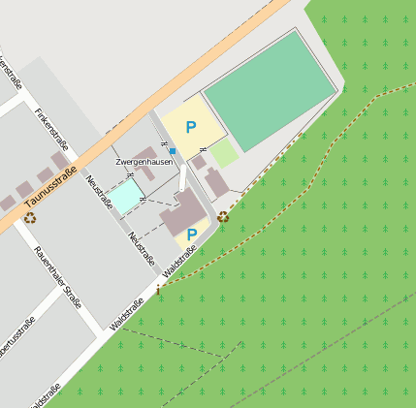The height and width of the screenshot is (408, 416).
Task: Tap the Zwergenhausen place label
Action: [x=144, y=162]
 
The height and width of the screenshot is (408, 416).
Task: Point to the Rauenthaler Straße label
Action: [x=58, y=277]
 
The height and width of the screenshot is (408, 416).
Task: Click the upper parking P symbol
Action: [x=191, y=127]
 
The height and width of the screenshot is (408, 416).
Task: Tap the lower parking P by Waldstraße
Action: [x=192, y=235]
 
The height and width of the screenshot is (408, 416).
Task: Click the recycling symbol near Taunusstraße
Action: [x=30, y=218]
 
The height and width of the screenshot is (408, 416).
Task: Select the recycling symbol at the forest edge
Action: [x=224, y=216]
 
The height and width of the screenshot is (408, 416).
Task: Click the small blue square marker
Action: [x=173, y=151]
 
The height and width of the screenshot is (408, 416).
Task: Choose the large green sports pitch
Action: [x=271, y=88]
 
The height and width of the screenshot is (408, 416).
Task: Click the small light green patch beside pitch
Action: [x=224, y=152]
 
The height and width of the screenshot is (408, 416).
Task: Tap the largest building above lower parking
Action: [x=181, y=212]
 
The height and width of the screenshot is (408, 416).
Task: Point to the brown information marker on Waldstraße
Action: [x=158, y=289]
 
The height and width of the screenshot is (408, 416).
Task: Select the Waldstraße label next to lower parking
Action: [x=181, y=262]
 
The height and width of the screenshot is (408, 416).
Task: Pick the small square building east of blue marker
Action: [x=199, y=162]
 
